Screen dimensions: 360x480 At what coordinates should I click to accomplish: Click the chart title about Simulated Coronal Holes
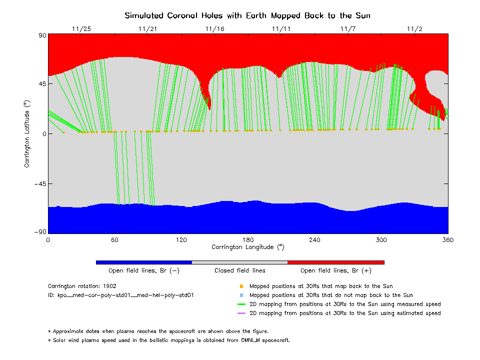tap(247, 15)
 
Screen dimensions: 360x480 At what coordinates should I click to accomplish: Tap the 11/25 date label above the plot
tap(81, 29)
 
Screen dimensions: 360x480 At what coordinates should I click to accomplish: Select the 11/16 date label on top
tap(214, 29)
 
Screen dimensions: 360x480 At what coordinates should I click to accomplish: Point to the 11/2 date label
tap(415, 29)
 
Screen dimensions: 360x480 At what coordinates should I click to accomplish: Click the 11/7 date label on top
tap(348, 29)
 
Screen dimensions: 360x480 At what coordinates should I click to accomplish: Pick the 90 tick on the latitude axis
tap(41, 35)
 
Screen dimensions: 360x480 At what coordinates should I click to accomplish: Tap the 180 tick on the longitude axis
tap(248, 240)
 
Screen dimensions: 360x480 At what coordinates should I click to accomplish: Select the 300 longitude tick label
tap(381, 240)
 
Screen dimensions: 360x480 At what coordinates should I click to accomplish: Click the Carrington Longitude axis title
tap(248, 247)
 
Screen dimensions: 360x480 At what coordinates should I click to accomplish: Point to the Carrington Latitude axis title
tap(27, 133)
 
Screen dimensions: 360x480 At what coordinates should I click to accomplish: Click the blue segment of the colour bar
tap(143, 262)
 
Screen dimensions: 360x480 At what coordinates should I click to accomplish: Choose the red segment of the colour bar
tap(335, 262)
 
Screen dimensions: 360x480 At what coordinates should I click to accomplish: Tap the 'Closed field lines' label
tap(240, 270)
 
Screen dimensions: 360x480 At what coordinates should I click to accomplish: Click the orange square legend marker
tap(241, 286)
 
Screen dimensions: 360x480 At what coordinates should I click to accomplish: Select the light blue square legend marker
tap(241, 295)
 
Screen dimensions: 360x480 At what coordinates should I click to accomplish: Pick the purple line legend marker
tap(241, 313)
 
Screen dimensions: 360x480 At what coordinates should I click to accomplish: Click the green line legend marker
tap(241, 304)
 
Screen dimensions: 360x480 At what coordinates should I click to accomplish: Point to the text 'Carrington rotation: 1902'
tap(82, 286)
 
